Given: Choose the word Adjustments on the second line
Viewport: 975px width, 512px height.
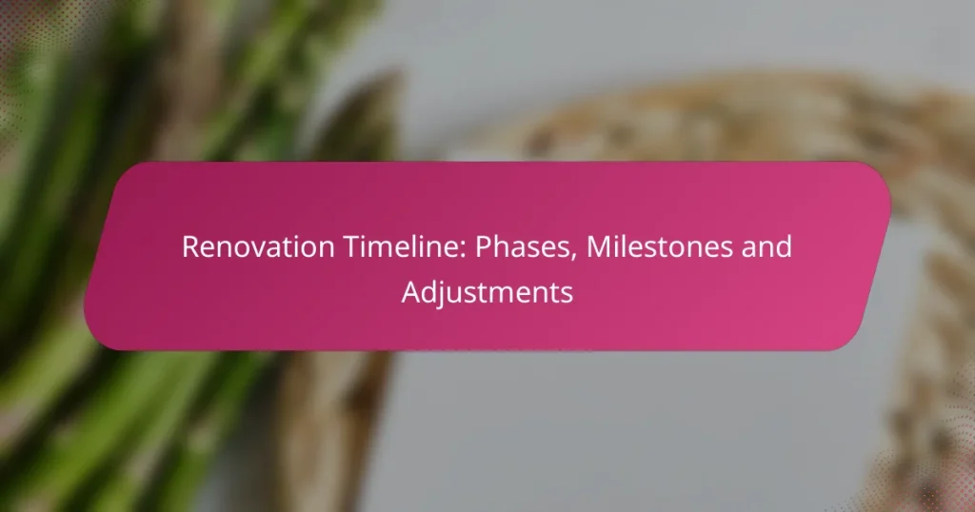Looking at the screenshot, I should [x=487, y=292].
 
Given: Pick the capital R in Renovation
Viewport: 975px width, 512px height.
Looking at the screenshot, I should [x=189, y=247].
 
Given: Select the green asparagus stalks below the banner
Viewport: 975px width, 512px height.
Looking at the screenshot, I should [x=143, y=428].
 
